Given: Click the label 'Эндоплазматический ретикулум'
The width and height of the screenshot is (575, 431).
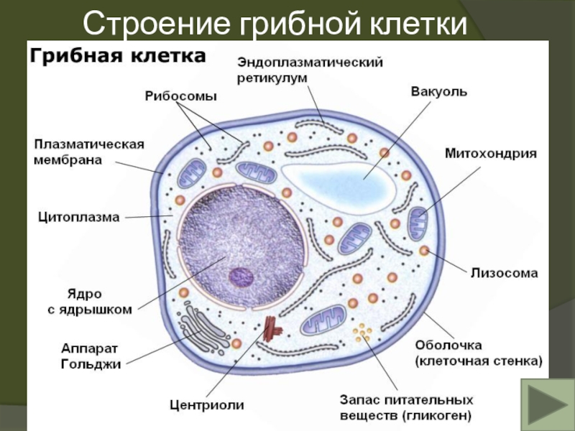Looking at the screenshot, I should coord(310,69).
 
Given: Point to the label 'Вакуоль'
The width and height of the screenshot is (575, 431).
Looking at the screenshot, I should coord(439,92).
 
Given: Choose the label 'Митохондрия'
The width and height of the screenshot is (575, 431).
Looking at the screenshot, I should coord(491,153).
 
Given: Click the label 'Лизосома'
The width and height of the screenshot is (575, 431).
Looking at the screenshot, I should coord(504,273).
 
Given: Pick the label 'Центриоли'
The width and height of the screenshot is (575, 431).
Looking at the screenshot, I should coord(206,405).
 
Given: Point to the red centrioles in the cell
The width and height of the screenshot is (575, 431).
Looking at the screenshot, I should coord(272,328).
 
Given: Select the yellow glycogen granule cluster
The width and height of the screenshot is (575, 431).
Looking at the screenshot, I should coord(363,333).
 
